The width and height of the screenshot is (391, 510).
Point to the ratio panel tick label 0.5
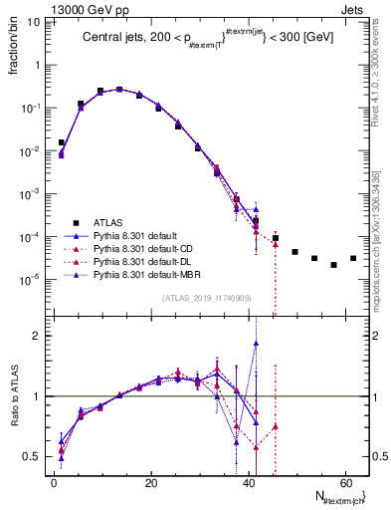35,456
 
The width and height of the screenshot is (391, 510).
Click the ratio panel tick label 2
40,336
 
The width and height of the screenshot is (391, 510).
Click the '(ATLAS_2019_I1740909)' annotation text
205,297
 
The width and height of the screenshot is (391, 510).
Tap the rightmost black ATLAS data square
353,258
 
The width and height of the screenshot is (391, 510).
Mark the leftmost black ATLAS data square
62,142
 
